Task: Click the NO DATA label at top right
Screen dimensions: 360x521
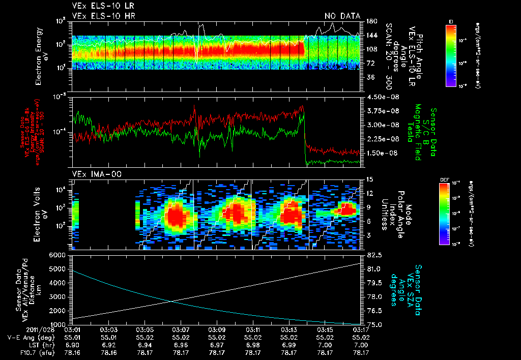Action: (342, 16)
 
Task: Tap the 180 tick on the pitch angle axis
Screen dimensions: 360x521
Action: (371, 21)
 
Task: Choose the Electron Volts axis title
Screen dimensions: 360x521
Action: (42, 214)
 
